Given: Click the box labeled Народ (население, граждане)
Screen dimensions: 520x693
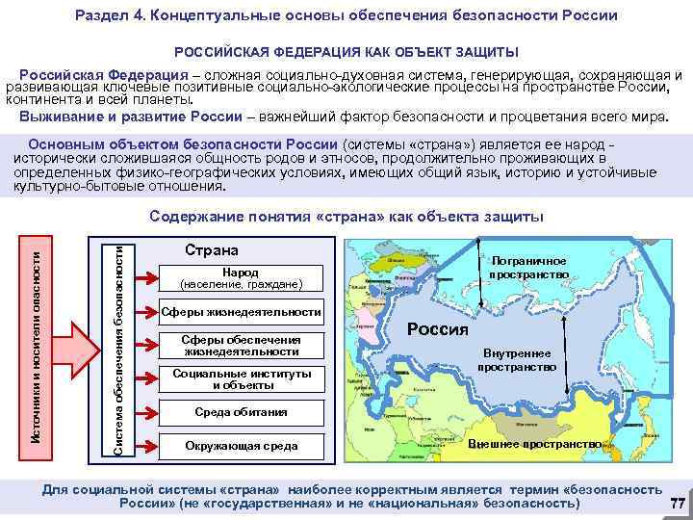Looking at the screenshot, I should (x=240, y=278).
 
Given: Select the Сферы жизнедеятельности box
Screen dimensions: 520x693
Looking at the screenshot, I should (x=240, y=312).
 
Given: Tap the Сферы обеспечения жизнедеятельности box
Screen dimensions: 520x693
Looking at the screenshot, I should (x=240, y=346).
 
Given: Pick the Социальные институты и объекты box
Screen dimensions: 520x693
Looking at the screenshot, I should (x=240, y=378).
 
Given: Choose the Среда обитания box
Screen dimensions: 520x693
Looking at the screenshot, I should (x=240, y=412).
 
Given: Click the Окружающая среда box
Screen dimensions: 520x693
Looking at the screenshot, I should (x=240, y=446).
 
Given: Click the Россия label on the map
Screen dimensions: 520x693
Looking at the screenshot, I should (x=437, y=328).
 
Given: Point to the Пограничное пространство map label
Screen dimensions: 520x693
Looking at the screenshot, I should (x=528, y=268).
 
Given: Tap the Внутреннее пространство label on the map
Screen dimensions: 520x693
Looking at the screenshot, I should (x=521, y=359).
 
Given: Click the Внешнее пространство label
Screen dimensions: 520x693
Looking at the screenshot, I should (x=534, y=444).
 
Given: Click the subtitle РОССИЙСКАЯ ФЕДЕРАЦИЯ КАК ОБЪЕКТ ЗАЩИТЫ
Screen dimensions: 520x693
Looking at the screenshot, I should (x=346, y=50).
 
